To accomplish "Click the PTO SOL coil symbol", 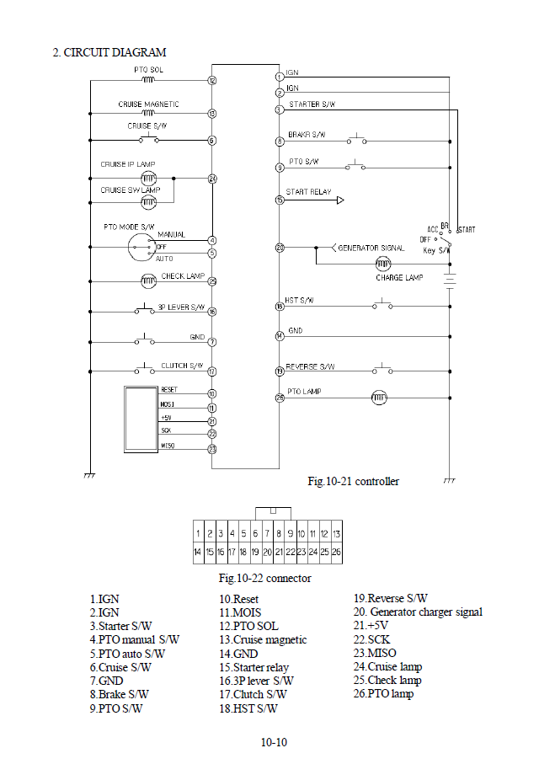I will (148, 80).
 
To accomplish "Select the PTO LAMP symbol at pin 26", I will (379, 397).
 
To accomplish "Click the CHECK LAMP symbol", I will (149, 281).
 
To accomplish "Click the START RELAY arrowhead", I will (340, 200).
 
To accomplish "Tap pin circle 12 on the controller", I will (212, 80).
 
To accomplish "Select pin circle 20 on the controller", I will (280, 248).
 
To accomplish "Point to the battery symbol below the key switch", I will (450, 280).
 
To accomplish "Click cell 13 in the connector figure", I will (336, 534).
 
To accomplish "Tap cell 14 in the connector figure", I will (197, 553).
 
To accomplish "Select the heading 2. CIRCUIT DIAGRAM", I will (109, 52).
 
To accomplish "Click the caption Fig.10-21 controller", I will (353, 481).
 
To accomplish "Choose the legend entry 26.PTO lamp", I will (383, 693).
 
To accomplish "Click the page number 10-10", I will (275, 742).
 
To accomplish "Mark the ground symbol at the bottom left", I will (89, 477).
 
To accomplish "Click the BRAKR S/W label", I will (307, 135).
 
